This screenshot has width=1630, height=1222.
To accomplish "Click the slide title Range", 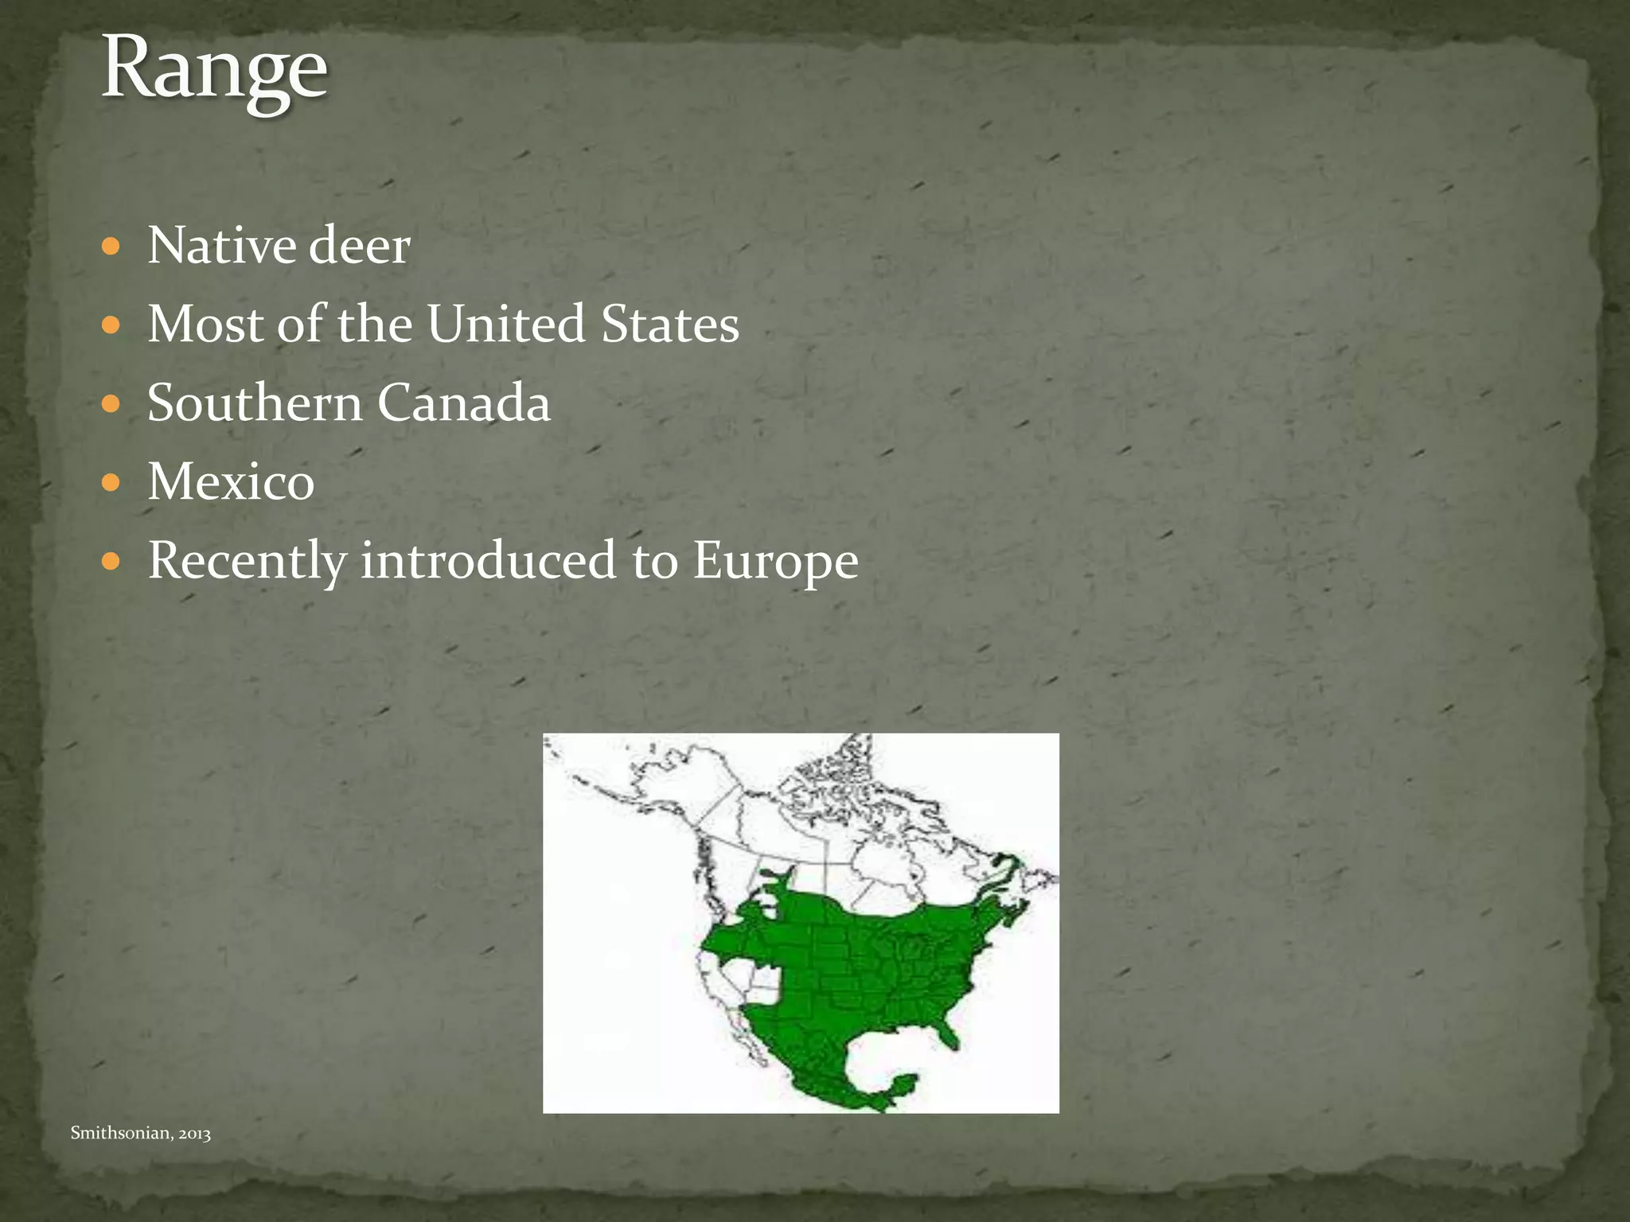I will pos(214,70).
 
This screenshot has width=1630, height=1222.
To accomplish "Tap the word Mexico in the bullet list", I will pos(231,481).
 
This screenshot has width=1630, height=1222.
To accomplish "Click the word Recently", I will pos(247,561).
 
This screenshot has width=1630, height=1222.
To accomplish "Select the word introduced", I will pos(488,560).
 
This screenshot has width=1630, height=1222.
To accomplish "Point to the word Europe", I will pos(775,562).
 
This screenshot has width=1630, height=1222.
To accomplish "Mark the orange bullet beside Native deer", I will pos(111,247).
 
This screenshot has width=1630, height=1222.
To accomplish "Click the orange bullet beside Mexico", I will pos(111,483).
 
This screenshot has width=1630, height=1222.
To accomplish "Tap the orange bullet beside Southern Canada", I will pos(111,404).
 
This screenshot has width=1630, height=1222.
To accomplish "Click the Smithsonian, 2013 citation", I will pos(140,1133).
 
